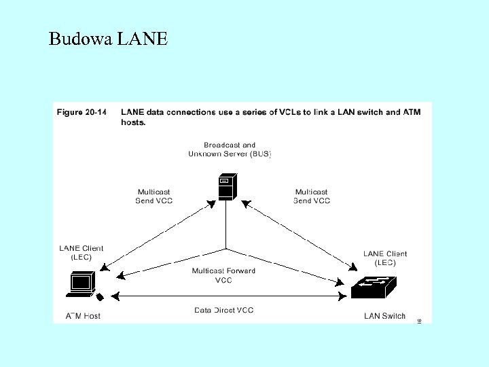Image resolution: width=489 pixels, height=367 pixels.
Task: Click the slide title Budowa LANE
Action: (108, 39)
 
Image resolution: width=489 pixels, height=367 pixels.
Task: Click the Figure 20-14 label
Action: (81, 113)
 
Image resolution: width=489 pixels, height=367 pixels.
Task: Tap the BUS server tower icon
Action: (225, 187)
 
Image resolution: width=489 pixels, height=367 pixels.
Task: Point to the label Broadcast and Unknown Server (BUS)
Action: (230, 150)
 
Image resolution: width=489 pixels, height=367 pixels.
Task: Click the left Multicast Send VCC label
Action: (153, 196)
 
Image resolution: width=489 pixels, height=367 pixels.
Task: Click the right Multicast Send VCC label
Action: (312, 196)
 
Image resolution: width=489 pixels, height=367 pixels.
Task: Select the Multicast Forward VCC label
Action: (223, 275)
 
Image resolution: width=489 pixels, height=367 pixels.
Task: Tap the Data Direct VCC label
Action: (223, 311)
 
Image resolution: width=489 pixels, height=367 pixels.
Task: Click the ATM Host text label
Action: (83, 316)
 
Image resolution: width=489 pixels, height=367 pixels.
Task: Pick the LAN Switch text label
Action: (384, 316)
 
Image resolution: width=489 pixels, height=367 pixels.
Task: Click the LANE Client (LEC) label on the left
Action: (81, 253)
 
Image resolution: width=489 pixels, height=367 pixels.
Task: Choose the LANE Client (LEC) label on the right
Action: (385, 258)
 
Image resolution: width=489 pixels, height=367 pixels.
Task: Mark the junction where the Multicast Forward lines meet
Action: (225, 248)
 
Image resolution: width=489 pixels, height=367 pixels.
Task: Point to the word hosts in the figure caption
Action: (133, 123)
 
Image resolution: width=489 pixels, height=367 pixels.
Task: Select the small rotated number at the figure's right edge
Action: (419, 320)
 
